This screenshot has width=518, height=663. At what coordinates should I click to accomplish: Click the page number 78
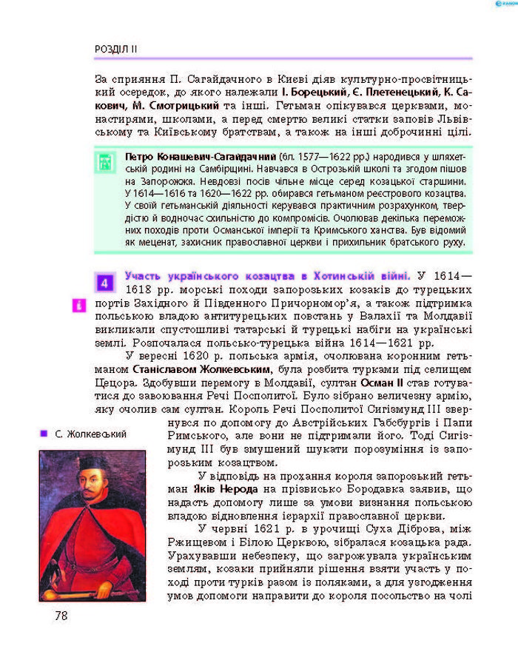pyautogui.click(x=61, y=614)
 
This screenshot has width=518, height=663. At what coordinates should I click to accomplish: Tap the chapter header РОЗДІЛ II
pyautogui.click(x=115, y=49)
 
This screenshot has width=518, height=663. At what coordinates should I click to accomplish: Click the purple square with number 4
pyautogui.click(x=105, y=283)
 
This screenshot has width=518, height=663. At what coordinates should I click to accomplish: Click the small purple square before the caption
pyautogui.click(x=44, y=434)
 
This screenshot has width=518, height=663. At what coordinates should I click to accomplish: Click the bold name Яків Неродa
pyautogui.click(x=218, y=489)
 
